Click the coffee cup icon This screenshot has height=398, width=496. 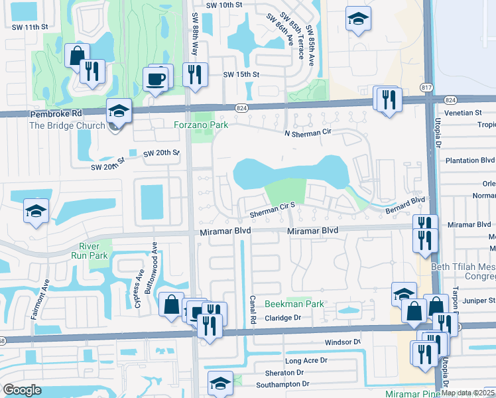pyautogui.click(x=156, y=80)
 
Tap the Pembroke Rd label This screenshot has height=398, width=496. pyautogui.click(x=55, y=114)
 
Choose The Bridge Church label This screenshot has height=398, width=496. pyautogui.click(x=67, y=125)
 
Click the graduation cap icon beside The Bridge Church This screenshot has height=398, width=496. pyautogui.click(x=118, y=111)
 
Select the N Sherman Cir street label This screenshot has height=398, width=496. pyautogui.click(x=309, y=133)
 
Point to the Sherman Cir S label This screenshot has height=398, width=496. pyautogui.click(x=276, y=211)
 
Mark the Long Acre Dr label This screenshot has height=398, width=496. pyautogui.click(x=306, y=361)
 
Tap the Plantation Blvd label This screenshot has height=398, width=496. pyautogui.click(x=471, y=160)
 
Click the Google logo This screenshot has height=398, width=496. pyautogui.click(x=22, y=390)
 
